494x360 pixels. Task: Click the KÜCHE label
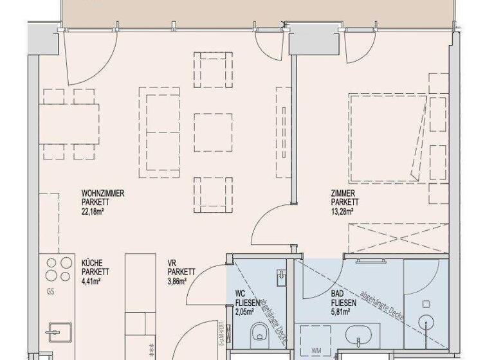click(x=93, y=262)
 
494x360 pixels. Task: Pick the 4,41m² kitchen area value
click(x=92, y=281)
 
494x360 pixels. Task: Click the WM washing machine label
click(x=317, y=350)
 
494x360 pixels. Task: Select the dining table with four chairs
click(x=71, y=122)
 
